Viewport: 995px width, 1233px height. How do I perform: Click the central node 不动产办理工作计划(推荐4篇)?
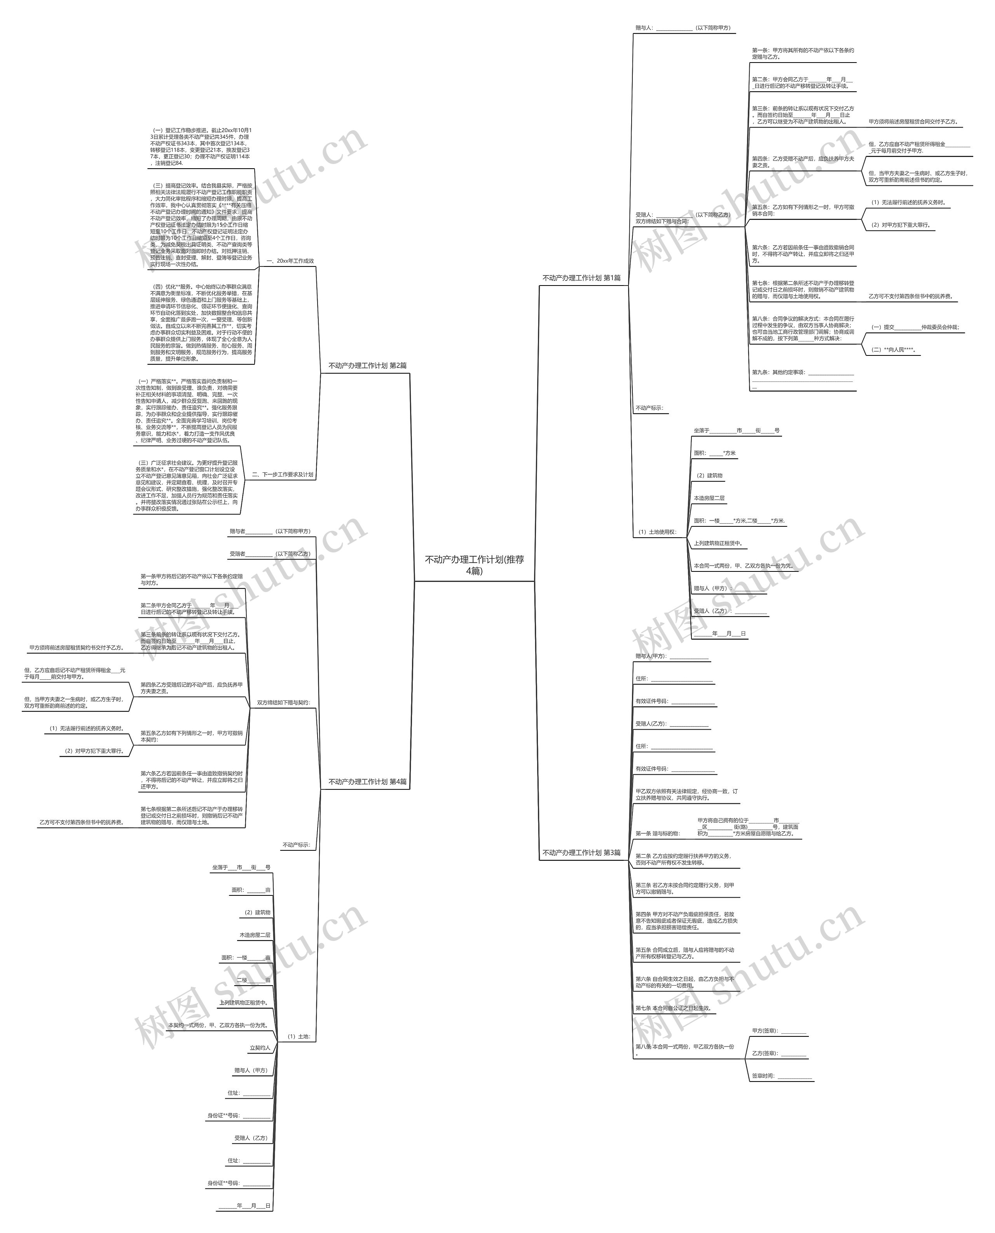(474, 564)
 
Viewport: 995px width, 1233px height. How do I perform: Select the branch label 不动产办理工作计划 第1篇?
(581, 278)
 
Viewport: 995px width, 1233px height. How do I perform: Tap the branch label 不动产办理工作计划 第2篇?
(367, 366)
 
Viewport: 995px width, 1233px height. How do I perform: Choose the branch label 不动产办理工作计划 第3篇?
(581, 853)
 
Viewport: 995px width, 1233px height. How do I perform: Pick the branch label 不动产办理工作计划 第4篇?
(367, 782)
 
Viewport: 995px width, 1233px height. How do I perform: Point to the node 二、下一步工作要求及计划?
(283, 474)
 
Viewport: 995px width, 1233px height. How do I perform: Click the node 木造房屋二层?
(255, 935)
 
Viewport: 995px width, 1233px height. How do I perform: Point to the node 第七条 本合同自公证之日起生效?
(674, 1008)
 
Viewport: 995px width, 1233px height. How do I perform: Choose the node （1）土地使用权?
(657, 532)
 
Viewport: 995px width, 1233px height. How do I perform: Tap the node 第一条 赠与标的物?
(657, 834)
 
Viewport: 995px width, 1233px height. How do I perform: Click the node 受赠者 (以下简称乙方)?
(270, 554)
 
